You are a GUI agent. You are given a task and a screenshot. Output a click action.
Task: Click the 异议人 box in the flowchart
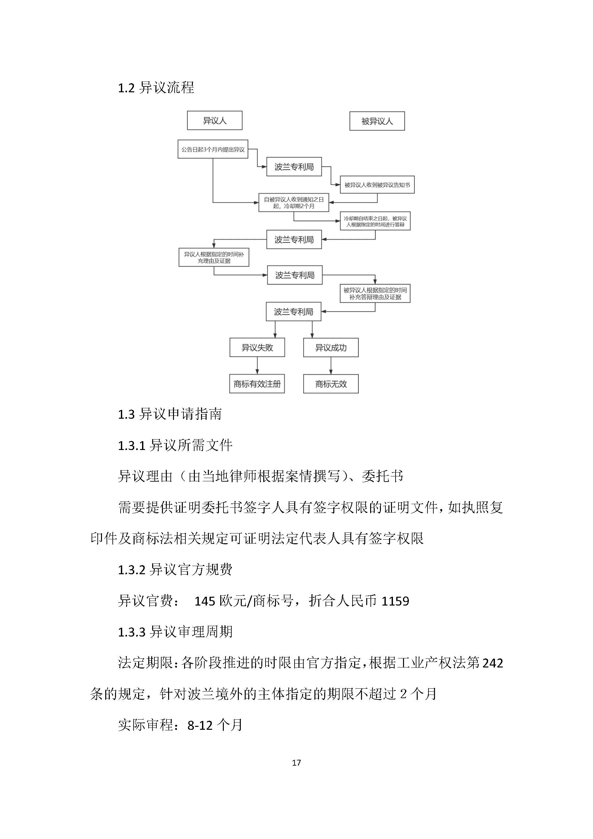tap(214, 120)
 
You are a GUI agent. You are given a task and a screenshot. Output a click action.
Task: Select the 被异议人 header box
tap(377, 121)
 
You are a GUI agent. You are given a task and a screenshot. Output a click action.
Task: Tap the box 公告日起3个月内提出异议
tap(213, 149)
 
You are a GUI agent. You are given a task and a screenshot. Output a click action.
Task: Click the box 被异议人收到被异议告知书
tap(377, 185)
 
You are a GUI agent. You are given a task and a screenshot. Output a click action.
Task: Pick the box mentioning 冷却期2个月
tap(294, 202)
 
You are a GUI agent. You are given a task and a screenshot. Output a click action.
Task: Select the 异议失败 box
tap(257, 347)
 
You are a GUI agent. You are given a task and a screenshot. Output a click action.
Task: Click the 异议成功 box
tap(330, 347)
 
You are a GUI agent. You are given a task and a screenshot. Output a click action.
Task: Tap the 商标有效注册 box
tap(257, 384)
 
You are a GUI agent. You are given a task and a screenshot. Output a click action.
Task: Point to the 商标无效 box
tap(330, 384)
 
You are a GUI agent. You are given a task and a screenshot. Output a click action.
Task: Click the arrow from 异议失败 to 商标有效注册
tap(257, 366)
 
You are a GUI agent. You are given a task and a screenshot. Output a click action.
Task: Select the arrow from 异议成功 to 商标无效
tap(331, 366)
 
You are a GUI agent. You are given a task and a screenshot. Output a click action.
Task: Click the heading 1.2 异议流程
tap(156, 88)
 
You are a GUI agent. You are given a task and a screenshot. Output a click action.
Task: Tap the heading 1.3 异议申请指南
tap(169, 414)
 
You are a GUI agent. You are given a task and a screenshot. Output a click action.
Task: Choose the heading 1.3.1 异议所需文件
tap(175, 445)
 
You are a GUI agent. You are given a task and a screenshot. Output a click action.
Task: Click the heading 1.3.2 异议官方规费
tap(175, 569)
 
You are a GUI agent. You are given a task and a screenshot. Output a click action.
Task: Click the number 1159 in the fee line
tap(395, 601)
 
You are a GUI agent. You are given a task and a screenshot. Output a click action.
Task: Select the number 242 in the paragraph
tap(493, 663)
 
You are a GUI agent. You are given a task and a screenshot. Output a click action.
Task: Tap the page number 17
tap(296, 763)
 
